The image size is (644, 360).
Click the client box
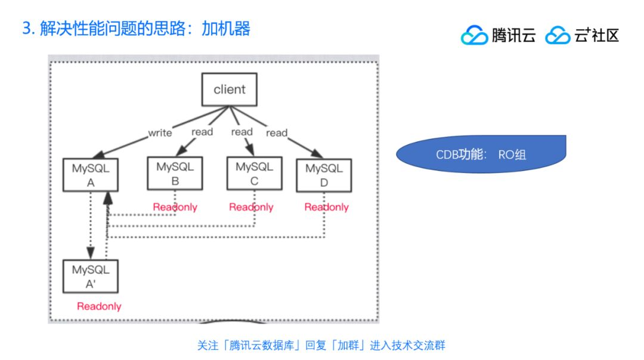pyautogui.click(x=229, y=89)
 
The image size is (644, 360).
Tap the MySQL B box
pyautogui.click(x=175, y=173)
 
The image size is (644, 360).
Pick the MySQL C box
pyautogui.click(x=254, y=174)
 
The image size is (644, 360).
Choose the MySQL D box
pyautogui.click(x=324, y=175)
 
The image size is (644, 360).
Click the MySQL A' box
pyautogui.click(x=91, y=277)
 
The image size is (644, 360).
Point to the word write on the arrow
pyautogui.click(x=160, y=133)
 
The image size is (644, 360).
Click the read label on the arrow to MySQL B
pyautogui.click(x=202, y=132)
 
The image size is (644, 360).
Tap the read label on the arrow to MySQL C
pyautogui.click(x=241, y=132)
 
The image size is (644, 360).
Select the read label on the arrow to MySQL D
pyautogui.click(x=277, y=133)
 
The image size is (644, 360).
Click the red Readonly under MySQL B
pyautogui.click(x=175, y=207)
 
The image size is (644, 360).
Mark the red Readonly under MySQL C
pyautogui.click(x=251, y=207)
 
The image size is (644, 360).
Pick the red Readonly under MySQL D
pyautogui.click(x=326, y=207)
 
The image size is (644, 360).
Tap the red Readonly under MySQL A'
pyautogui.click(x=99, y=306)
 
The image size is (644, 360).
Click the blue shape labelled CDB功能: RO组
pyautogui.click(x=481, y=154)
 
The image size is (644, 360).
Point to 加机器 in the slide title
pyautogui.click(x=226, y=29)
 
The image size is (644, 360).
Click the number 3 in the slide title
pyautogui.click(x=26, y=29)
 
